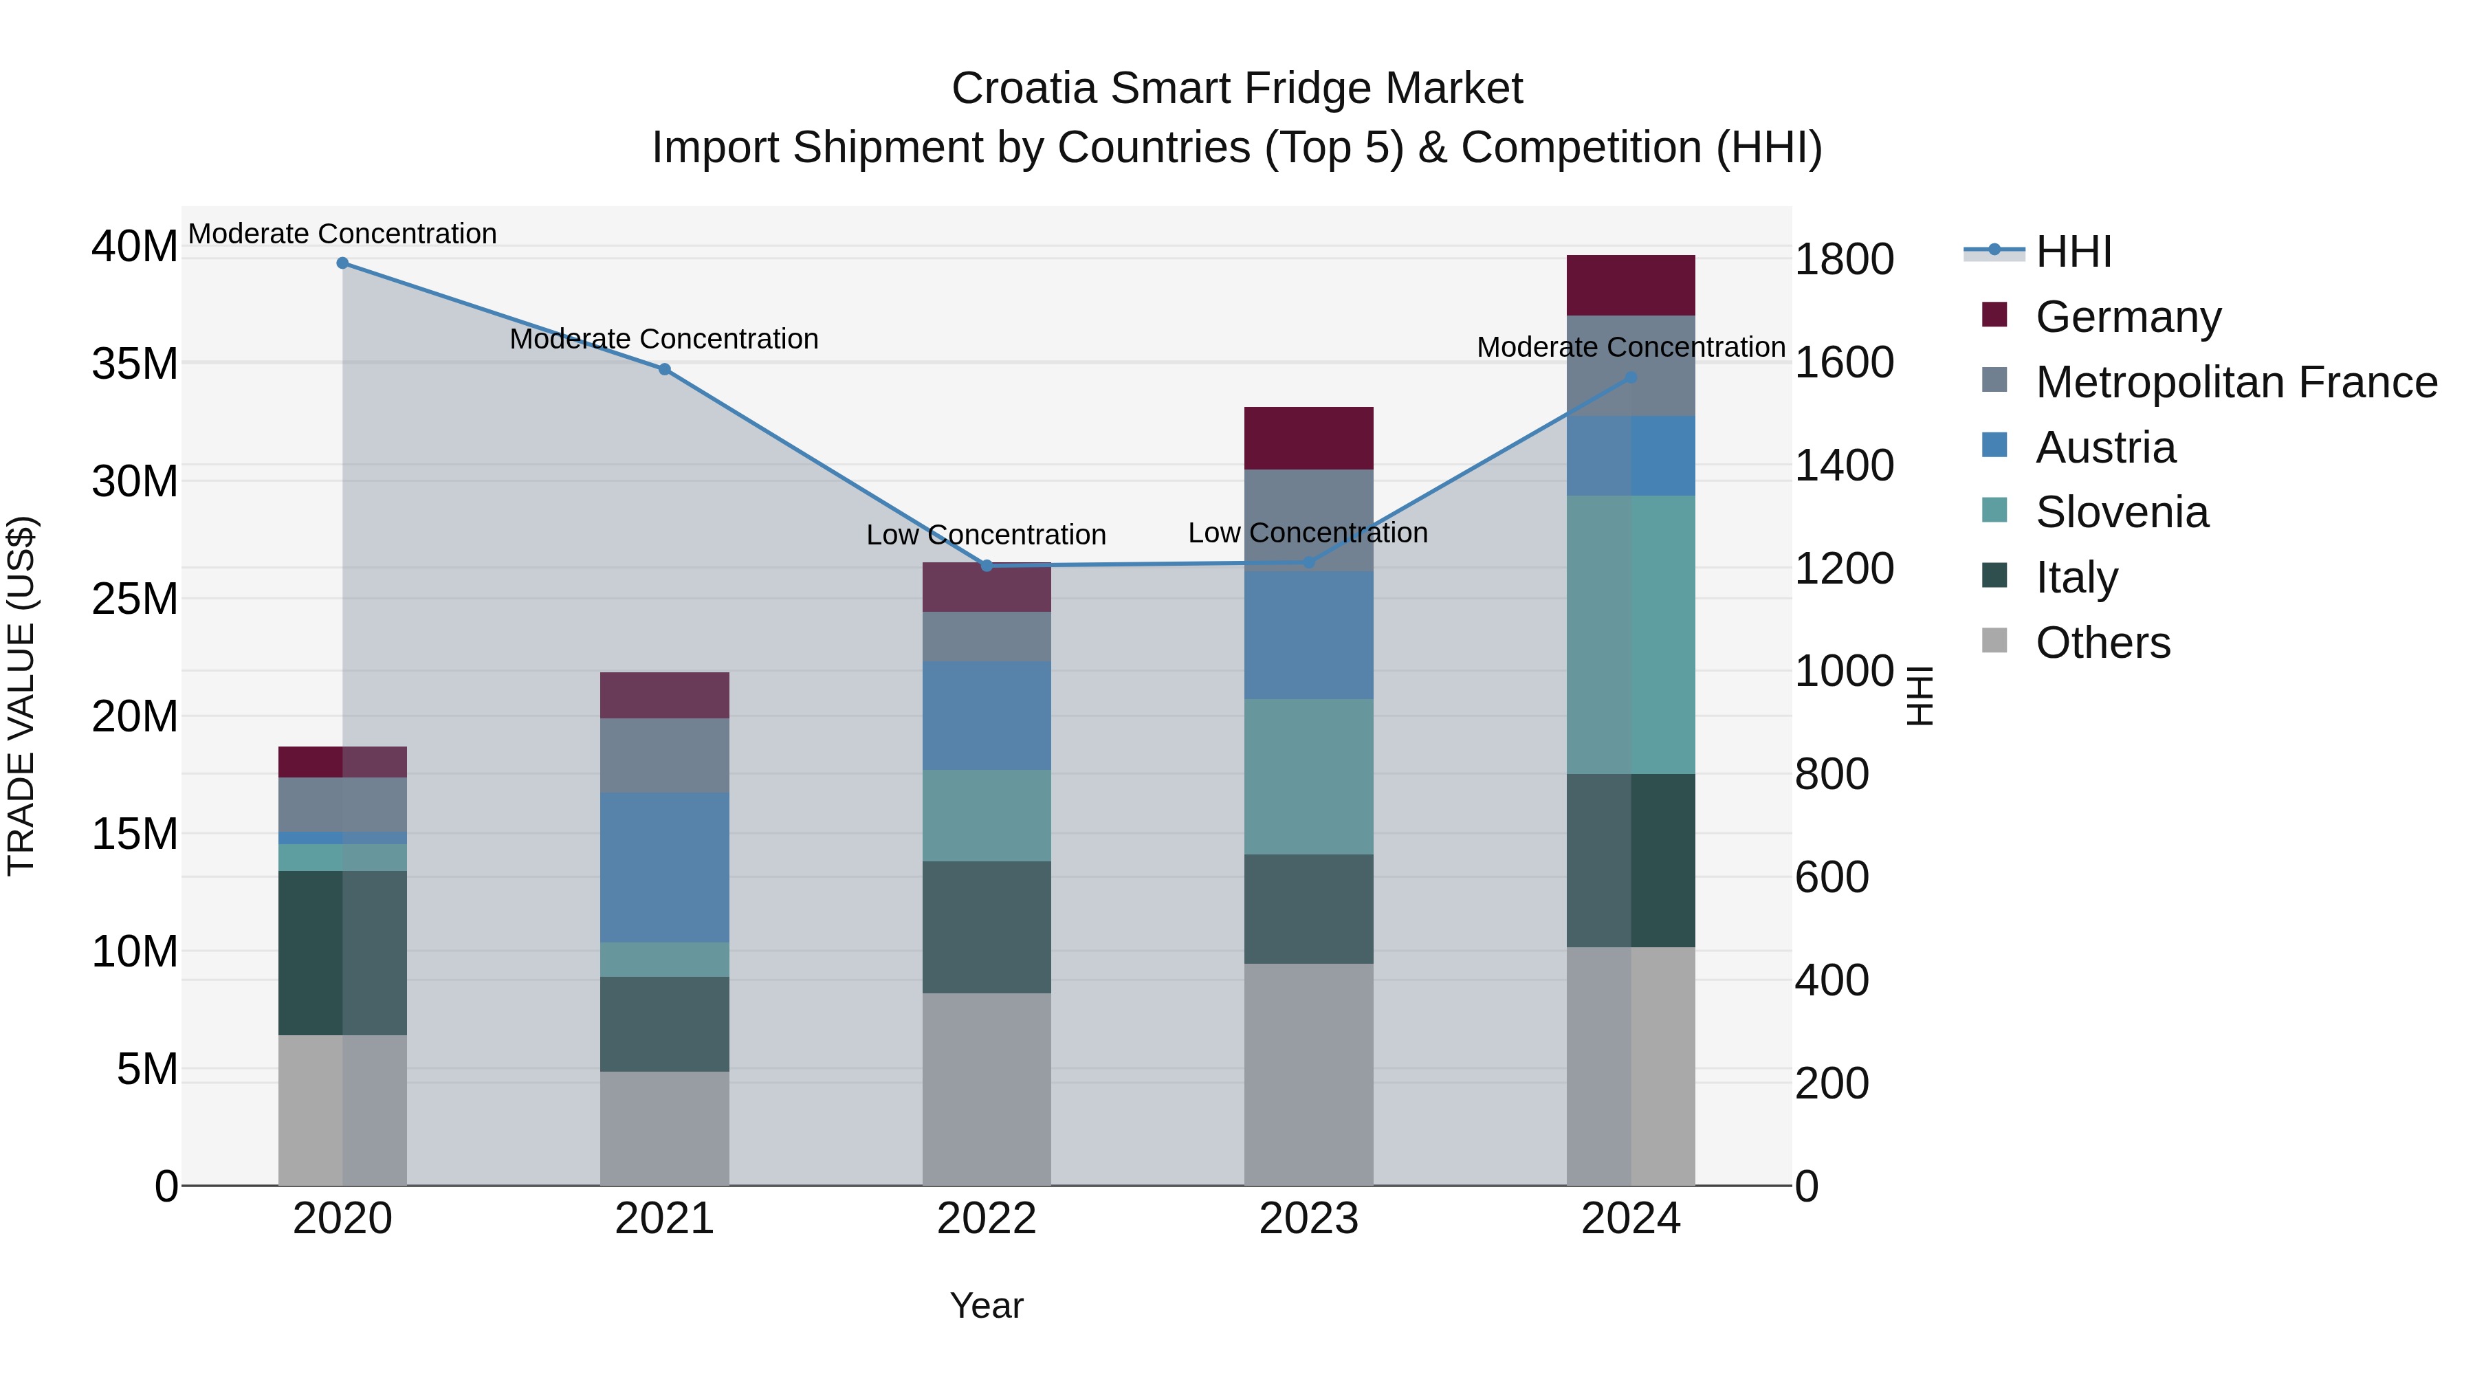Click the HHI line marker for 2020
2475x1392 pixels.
(342, 263)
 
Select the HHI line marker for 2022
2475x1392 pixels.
(987, 566)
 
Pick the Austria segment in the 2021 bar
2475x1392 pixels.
(664, 868)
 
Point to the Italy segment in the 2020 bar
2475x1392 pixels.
(342, 953)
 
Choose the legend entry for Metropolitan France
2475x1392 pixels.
(2236, 382)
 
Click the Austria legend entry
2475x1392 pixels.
(2104, 448)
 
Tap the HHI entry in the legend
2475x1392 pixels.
(2072, 252)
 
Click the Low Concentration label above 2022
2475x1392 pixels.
(986, 535)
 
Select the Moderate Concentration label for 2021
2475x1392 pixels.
(664, 339)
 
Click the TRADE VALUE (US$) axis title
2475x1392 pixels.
(21, 696)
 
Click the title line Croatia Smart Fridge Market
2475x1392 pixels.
(1237, 89)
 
